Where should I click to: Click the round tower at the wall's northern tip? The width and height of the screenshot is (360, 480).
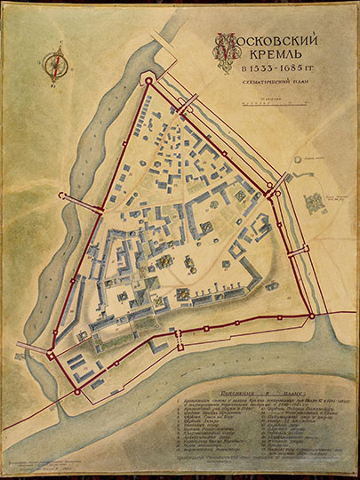point(148,81)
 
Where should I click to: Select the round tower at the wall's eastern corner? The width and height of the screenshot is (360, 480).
point(311,315)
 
